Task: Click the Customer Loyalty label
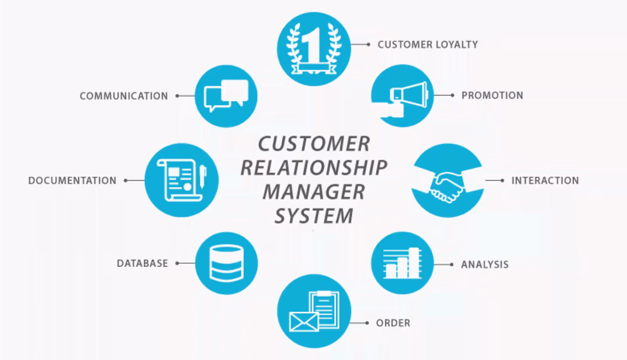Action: click(428, 45)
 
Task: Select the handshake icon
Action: click(447, 186)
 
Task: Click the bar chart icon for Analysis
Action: click(402, 263)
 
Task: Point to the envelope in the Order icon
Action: click(303, 322)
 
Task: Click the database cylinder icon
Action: click(227, 263)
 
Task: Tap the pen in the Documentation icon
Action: click(203, 176)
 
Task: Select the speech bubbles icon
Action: click(226, 95)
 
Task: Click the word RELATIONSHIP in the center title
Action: click(314, 168)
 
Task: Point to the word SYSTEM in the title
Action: click(314, 216)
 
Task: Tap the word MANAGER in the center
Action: click(314, 192)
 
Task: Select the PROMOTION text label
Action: click(492, 96)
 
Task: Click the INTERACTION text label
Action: click(545, 181)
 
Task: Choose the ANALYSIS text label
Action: click(485, 265)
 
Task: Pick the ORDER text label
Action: click(393, 323)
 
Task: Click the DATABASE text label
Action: click(142, 263)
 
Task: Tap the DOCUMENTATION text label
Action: click(72, 181)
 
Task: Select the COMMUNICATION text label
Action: click(124, 96)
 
